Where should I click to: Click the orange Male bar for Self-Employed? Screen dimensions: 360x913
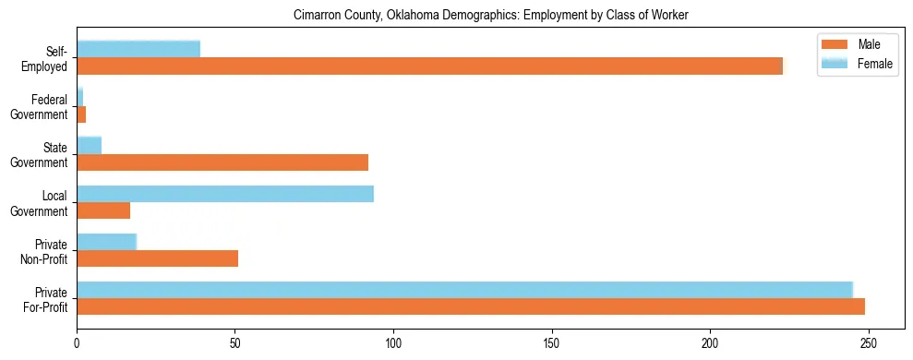429,66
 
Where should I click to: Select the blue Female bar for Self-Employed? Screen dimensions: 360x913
138,49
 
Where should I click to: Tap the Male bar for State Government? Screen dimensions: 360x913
222,162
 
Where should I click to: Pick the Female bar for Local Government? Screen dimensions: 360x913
225,194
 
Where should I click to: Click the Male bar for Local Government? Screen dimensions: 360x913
103,210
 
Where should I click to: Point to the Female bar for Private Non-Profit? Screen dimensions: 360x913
106,242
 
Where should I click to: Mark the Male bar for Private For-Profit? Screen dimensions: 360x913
471,306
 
